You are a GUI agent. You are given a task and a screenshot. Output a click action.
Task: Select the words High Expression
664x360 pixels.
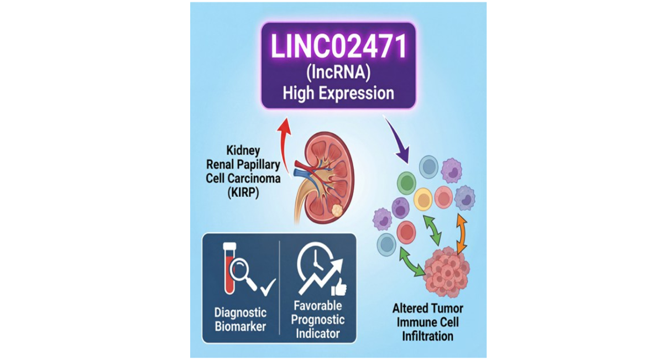coord(338,93)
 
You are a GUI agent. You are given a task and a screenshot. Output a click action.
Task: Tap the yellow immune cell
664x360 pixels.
coord(423,198)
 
